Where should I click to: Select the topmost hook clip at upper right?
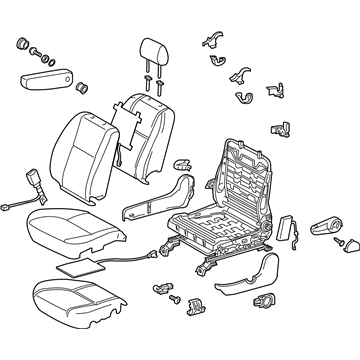[212, 39]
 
